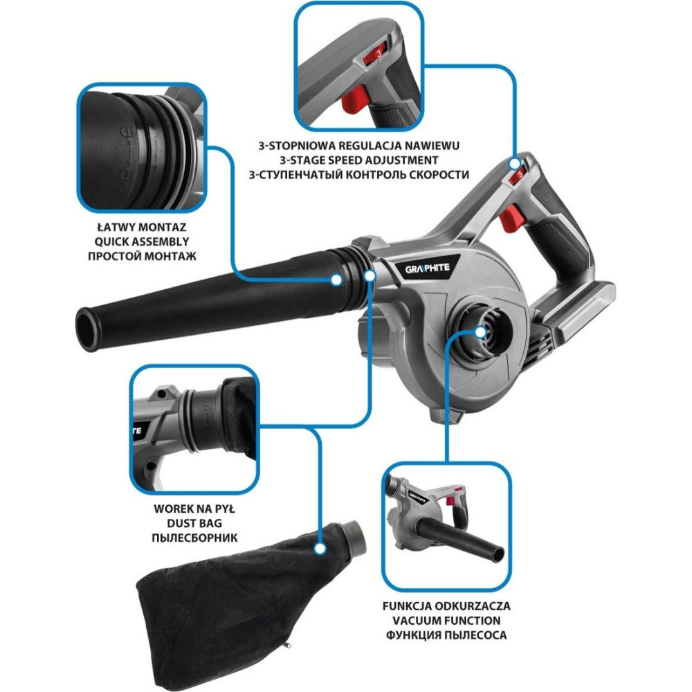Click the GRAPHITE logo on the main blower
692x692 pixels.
pos(427,268)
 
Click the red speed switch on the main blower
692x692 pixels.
pos(517,176)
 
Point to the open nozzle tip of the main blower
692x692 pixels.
pos(87,329)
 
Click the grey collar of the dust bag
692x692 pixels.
pos(356,538)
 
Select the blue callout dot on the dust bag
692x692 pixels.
pos(320,549)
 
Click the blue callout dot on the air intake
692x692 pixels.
pos(481,332)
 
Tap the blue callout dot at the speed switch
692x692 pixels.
pos(515,164)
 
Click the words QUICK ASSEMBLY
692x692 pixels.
pos(142,242)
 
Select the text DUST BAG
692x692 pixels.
pos(194,523)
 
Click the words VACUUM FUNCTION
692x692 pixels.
pos(446,621)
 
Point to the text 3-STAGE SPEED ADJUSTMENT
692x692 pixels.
pos(358,161)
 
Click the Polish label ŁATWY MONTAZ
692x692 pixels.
pos(142,227)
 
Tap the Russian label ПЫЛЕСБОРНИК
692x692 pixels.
pos(194,538)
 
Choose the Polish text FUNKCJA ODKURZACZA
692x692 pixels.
pos(446,606)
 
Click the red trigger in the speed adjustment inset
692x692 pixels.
pos(354,100)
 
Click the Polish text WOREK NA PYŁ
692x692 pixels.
pos(194,509)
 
